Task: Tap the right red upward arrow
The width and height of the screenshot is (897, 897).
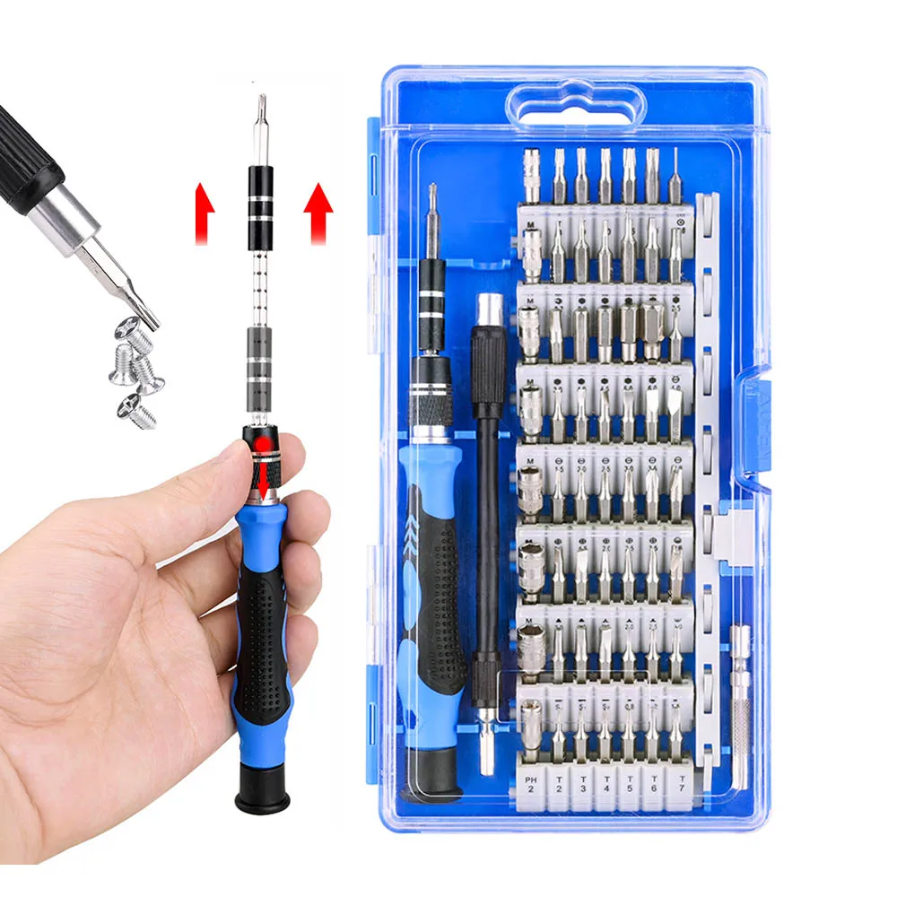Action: (x=318, y=211)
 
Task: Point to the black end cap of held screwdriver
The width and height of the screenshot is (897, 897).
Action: (x=262, y=789)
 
